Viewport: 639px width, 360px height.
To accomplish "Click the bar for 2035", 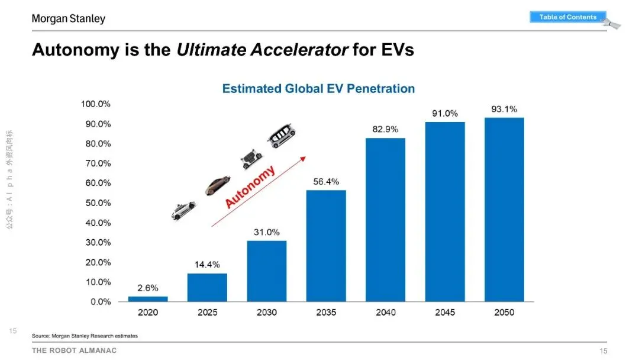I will (326, 246).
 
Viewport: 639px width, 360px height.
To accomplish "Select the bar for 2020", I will (148, 299).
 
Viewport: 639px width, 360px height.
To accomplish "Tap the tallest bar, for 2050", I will (504, 210).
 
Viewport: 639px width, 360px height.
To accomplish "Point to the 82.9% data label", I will (385, 128).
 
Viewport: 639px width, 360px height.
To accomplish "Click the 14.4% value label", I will (207, 264).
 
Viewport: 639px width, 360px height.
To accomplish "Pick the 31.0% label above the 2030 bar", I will (267, 232).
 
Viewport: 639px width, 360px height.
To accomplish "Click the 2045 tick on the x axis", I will (445, 312).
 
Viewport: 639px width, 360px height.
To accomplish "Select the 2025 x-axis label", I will (207, 312).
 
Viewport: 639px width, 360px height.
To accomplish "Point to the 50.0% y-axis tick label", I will (96, 203).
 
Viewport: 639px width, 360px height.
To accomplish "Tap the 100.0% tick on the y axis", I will (96, 104).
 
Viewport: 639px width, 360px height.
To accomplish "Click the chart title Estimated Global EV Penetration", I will (318, 89).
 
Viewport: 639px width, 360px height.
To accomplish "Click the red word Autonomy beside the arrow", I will (250, 187).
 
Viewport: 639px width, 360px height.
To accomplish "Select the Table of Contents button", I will (568, 17).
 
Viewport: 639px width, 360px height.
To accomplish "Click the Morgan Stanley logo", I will (69, 19).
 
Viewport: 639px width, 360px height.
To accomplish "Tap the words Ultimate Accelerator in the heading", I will (262, 50).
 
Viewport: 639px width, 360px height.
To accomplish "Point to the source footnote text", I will (85, 336).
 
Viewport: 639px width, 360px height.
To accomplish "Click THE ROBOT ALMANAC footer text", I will (75, 351).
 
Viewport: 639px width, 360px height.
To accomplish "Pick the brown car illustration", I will (217, 185).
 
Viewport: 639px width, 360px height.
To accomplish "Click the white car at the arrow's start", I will (183, 210).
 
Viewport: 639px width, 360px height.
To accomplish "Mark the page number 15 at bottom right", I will (603, 351).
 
